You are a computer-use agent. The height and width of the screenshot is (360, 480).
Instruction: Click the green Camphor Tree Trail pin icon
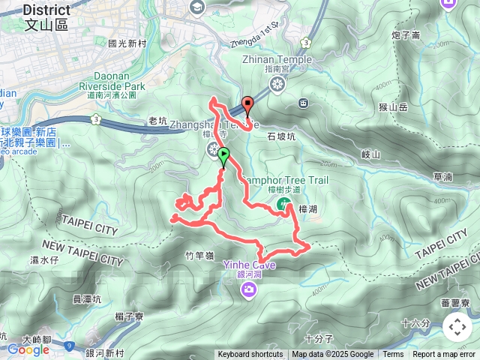point(283,203)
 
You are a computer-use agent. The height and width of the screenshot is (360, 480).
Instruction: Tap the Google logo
point(28,349)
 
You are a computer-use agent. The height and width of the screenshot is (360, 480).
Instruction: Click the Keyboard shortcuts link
point(250,355)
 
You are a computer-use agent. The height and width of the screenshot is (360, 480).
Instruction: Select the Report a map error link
point(444,355)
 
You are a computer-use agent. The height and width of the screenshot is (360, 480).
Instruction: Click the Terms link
point(393,355)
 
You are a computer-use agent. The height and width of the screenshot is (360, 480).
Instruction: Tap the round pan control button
point(457,327)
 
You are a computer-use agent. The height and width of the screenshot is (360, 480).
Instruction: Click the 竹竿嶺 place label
point(199,256)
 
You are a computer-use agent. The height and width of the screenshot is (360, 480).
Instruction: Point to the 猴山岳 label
point(392,107)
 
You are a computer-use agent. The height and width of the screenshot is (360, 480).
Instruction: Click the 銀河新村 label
point(105,353)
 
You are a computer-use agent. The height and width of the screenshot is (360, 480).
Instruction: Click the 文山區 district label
point(46,25)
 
